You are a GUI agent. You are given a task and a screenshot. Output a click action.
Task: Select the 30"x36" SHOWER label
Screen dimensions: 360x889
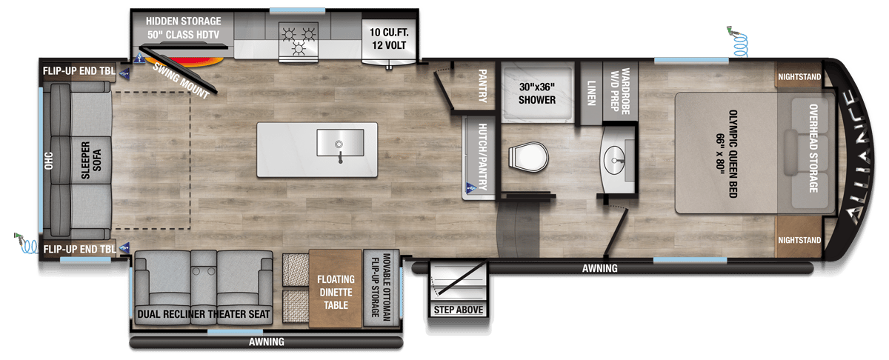pyautogui.click(x=536, y=93)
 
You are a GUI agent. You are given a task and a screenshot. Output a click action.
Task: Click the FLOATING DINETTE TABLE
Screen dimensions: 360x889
pyautogui.click(x=335, y=290)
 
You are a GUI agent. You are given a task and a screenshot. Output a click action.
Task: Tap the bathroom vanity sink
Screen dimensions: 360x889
pyautogui.click(x=616, y=157)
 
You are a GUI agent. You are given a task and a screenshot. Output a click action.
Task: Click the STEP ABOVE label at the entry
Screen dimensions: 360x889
pyautogui.click(x=459, y=310)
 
